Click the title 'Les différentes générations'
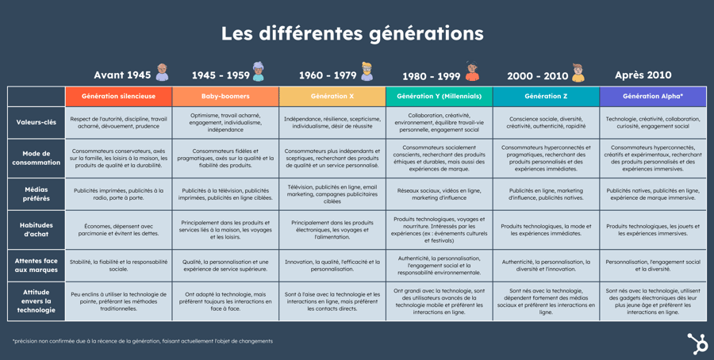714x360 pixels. (x=351, y=33)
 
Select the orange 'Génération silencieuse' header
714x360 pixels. (x=118, y=96)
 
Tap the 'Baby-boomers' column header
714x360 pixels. (x=225, y=96)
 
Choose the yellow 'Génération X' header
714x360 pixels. (x=332, y=96)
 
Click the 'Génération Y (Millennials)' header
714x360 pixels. (x=439, y=96)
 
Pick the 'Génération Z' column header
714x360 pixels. (x=546, y=96)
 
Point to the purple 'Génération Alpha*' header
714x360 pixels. (x=652, y=96)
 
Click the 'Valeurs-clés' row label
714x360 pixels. (x=36, y=123)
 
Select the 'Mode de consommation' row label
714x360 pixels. (x=36, y=158)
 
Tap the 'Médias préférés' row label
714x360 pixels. (x=36, y=194)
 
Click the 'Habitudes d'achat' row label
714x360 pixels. (x=36, y=230)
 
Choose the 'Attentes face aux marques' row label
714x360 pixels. (x=36, y=266)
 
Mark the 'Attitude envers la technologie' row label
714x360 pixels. (x=36, y=301)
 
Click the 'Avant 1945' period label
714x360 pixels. (x=122, y=75)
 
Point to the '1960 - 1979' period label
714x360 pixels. (x=327, y=75)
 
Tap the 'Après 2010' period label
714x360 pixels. (x=643, y=75)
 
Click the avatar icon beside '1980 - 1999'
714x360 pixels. (x=473, y=73)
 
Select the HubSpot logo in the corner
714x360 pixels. (x=697, y=343)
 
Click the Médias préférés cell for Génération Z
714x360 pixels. (x=546, y=194)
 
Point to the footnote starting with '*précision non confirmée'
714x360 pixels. (x=143, y=341)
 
